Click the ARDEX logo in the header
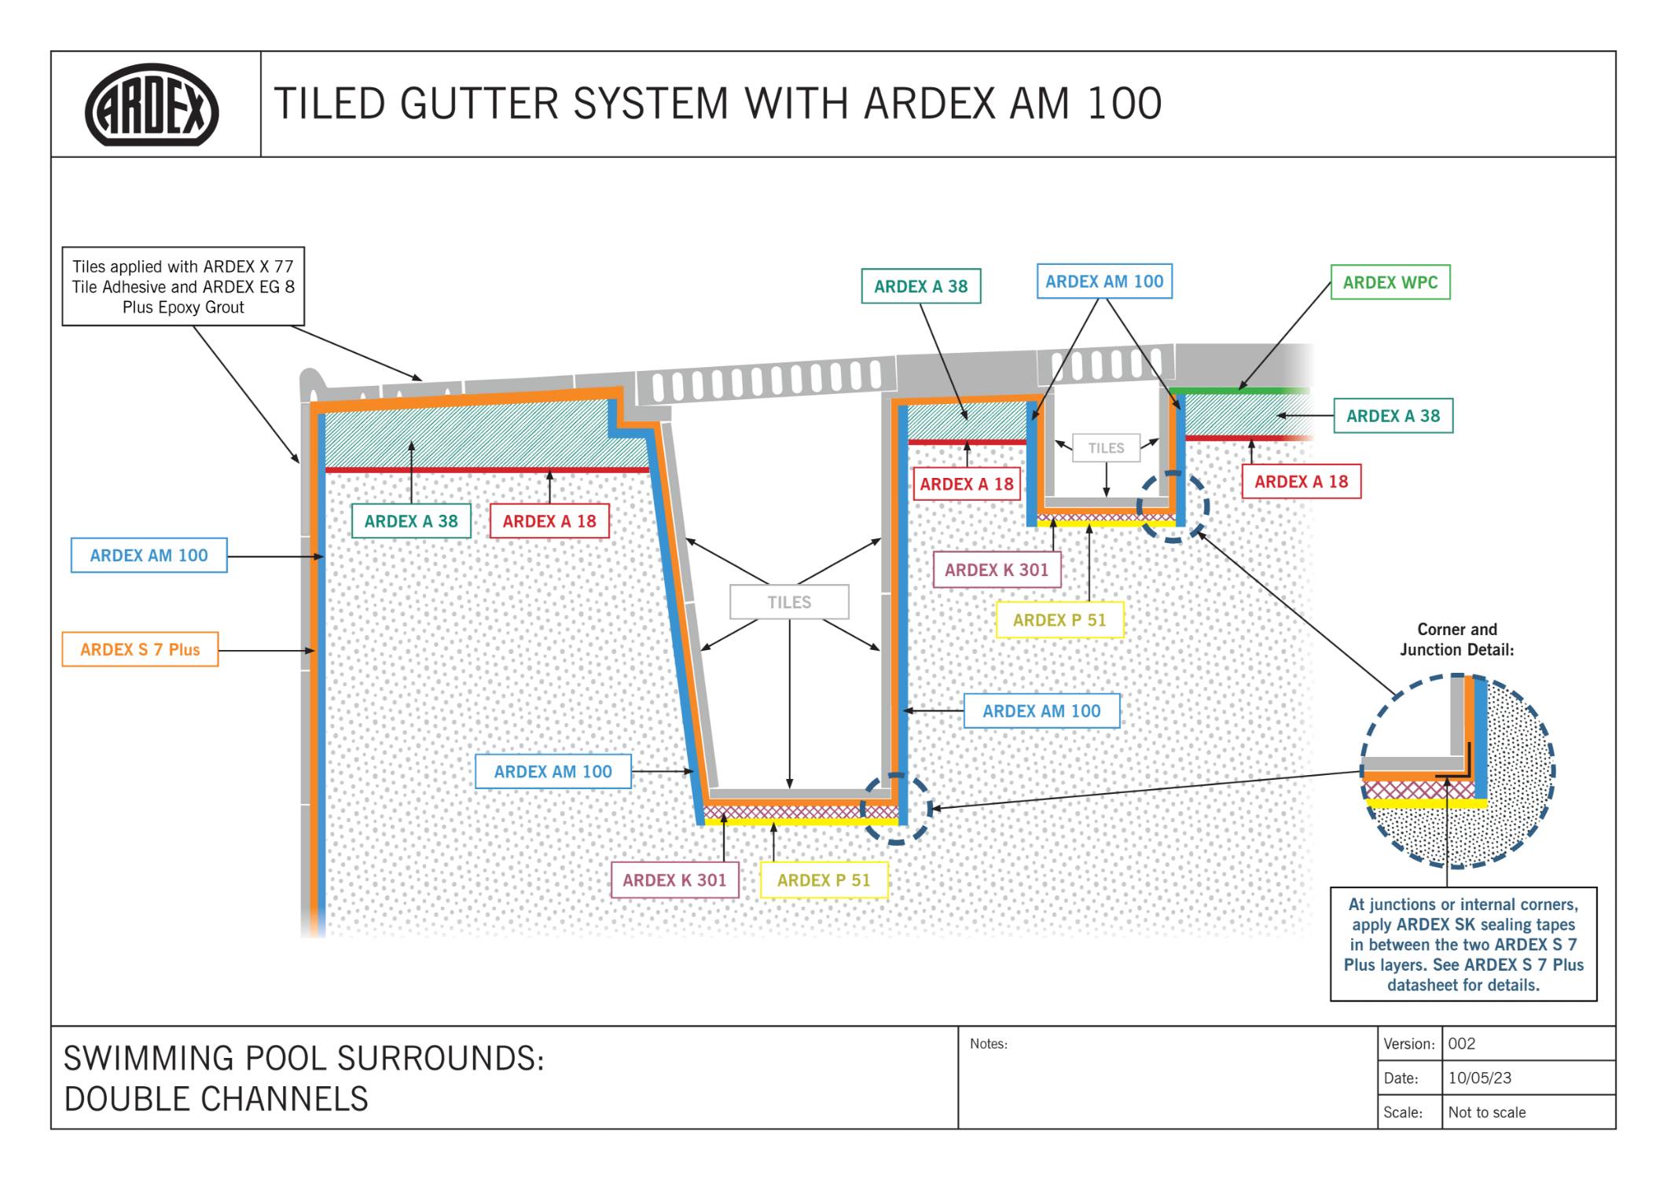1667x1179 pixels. pyautogui.click(x=152, y=105)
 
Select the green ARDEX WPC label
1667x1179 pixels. pyautogui.click(x=1390, y=283)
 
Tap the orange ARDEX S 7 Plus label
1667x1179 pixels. pyautogui.click(x=140, y=650)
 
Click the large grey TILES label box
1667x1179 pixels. pyautogui.click(x=789, y=602)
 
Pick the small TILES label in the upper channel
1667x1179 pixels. pyautogui.click(x=1106, y=448)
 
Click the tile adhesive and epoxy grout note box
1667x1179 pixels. pyautogui.click(x=183, y=287)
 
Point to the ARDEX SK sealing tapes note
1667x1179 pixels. pyautogui.click(x=1463, y=944)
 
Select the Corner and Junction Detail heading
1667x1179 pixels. pyautogui.click(x=1456, y=640)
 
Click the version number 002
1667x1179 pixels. pyautogui.click(x=1461, y=1044)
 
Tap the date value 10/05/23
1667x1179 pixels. pyautogui.click(x=1479, y=1078)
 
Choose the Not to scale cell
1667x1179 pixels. pyautogui.click(x=1486, y=1112)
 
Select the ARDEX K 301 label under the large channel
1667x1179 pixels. pyautogui.click(x=674, y=880)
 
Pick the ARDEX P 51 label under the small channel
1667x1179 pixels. pyautogui.click(x=1059, y=620)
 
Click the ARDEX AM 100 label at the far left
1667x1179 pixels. pyautogui.click(x=149, y=556)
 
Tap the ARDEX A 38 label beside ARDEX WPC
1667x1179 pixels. pyautogui.click(x=1393, y=417)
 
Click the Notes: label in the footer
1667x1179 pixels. pyautogui.click(x=988, y=1044)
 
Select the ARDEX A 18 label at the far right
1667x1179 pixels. pyautogui.click(x=1301, y=482)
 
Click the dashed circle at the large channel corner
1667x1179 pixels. pyautogui.click(x=896, y=809)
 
